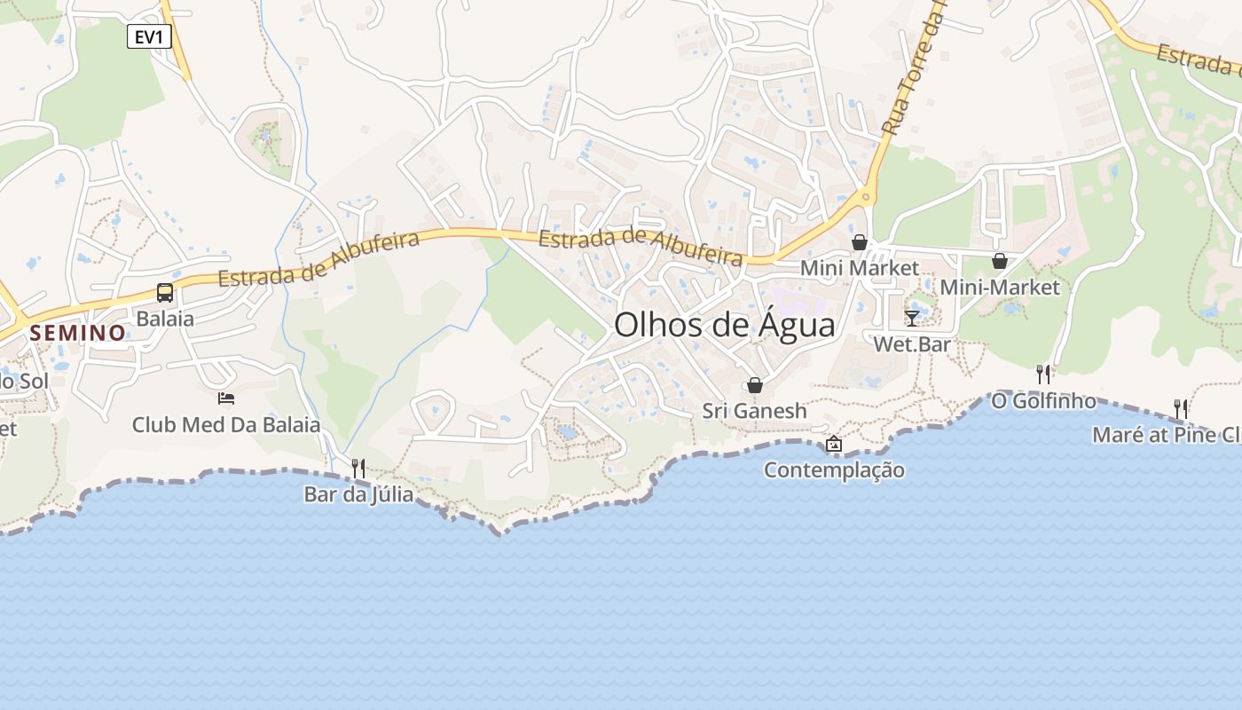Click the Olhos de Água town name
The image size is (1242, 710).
point(724,325)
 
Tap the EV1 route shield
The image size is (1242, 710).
point(148,36)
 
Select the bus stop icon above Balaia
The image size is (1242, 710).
point(165,292)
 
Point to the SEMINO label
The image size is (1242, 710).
point(78,334)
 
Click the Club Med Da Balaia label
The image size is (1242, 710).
point(225,425)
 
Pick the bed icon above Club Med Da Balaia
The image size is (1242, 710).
point(226,398)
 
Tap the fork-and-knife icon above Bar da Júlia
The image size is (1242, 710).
point(358,468)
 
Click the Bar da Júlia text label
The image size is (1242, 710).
point(358,494)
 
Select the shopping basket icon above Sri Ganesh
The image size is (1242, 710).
point(755,385)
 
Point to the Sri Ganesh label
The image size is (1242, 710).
point(755,411)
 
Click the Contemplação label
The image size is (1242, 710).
point(834,470)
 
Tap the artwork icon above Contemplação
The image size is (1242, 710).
point(834,444)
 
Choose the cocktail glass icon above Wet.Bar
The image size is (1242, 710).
point(912,318)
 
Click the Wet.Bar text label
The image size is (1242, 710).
point(912,343)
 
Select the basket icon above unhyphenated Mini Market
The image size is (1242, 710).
point(860,242)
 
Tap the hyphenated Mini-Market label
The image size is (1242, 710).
point(1000,288)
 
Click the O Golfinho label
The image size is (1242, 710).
point(1043,401)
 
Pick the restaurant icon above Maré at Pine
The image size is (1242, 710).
point(1181,408)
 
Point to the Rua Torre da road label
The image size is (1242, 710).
point(914,71)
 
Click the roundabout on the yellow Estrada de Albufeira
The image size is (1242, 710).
point(866,196)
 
